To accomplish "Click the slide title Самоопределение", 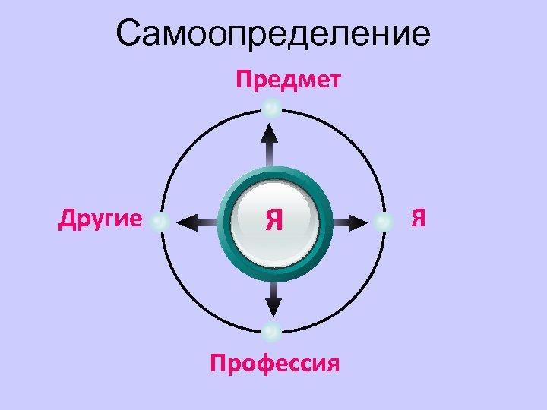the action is [x=273, y=33].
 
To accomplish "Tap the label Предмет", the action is [x=288, y=80].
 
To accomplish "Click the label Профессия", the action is [x=273, y=364].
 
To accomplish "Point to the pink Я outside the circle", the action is [x=418, y=220].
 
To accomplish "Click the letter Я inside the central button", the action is [x=274, y=221].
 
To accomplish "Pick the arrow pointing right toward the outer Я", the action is [x=349, y=222].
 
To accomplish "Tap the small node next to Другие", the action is [x=160, y=222].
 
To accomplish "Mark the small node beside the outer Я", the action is [x=384, y=222].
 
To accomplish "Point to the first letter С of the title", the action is [x=130, y=33].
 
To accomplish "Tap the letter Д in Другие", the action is [x=66, y=220].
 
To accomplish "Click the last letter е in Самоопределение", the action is [x=420, y=35].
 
